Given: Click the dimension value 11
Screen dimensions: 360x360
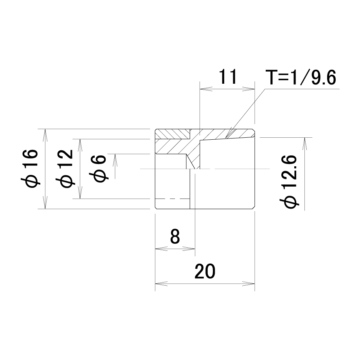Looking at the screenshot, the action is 228,77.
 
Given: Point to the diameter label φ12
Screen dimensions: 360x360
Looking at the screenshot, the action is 65,168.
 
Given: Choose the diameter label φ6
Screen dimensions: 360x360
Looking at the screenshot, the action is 99,169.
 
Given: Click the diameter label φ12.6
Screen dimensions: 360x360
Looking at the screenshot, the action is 289,182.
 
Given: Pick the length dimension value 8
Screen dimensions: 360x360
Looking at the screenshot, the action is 175,237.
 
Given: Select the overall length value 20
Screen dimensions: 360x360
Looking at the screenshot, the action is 205,271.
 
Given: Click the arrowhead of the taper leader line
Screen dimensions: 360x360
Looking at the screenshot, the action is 229,134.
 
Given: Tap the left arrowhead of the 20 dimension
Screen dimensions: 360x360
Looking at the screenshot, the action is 161,284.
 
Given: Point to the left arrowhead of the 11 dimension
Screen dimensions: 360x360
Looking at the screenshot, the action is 206,89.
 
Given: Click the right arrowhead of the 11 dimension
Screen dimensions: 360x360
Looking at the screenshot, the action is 248,89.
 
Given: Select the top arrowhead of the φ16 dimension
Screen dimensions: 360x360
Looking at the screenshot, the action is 45,135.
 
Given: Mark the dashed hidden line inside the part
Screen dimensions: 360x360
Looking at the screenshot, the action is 173,199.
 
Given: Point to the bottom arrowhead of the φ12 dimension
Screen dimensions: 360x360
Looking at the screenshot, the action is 80,193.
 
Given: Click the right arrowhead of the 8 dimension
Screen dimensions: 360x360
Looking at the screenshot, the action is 189,248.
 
